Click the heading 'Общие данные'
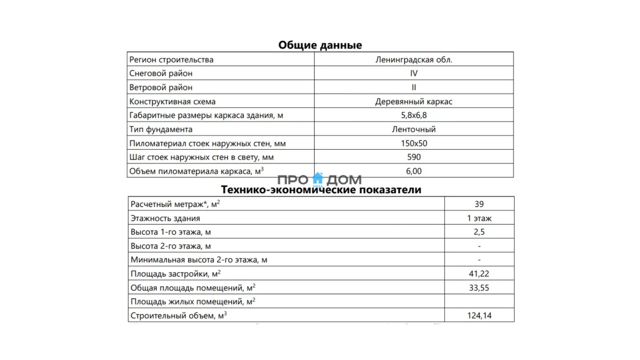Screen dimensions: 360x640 [320, 45]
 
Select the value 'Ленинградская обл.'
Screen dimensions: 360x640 [413, 59]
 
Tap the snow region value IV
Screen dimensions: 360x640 [413, 73]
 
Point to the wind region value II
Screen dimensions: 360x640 [413, 87]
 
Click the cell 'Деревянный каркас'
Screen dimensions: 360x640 [413, 102]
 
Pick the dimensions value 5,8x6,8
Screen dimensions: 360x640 [413, 115]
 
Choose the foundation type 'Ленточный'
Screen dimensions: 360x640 [413, 129]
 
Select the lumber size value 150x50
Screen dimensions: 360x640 [413, 143]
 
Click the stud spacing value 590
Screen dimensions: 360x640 [413, 157]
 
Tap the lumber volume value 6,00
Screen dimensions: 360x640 [413, 171]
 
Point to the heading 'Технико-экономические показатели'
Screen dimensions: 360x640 [321, 190]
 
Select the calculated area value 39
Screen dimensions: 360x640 [479, 204]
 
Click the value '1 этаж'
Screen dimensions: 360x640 [479, 218]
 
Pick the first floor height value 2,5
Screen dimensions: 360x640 [479, 232]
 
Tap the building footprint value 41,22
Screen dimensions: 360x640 [479, 273]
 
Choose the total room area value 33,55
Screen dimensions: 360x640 [479, 287]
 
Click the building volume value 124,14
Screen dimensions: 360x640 [479, 315]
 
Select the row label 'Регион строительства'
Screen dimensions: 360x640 [171, 59]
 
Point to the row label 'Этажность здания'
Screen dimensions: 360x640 [165, 218]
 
